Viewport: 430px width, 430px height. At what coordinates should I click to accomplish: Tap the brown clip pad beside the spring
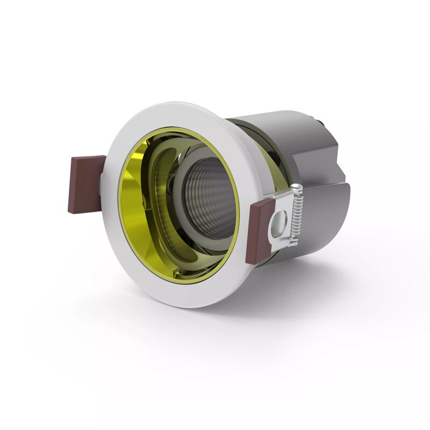click(260, 231)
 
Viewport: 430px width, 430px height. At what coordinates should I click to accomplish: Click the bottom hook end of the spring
click(293, 243)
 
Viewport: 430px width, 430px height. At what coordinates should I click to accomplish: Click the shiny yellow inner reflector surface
click(134, 215)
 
